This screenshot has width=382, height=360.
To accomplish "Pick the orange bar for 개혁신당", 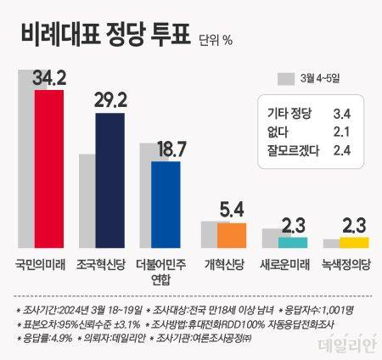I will point(231,235).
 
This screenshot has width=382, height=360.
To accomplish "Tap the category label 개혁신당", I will point(224,266).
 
